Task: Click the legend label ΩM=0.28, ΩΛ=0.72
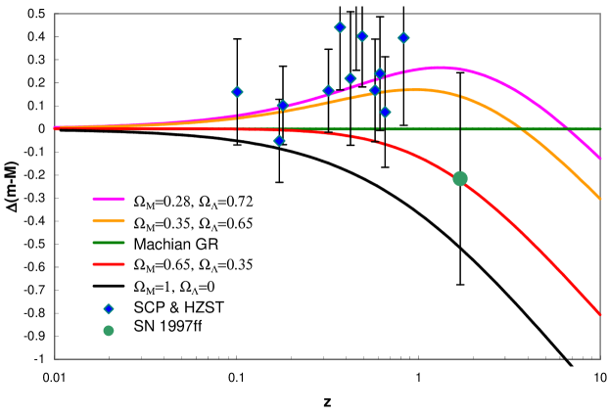point(193,202)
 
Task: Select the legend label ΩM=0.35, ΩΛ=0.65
point(193,223)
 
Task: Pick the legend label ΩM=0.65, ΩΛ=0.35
point(193,265)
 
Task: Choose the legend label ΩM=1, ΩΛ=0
point(176,287)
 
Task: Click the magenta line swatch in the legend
point(110,200)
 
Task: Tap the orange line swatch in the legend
point(110,221)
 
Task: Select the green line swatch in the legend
point(110,243)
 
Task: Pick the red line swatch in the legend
point(110,264)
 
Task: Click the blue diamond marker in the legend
point(110,308)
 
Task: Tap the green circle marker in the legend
point(110,330)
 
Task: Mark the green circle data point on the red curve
point(460,177)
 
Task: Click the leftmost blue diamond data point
point(237,92)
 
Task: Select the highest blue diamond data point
point(340,27)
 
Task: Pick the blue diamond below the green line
point(279,141)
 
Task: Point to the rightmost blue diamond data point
point(403,38)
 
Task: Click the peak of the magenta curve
point(439,68)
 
